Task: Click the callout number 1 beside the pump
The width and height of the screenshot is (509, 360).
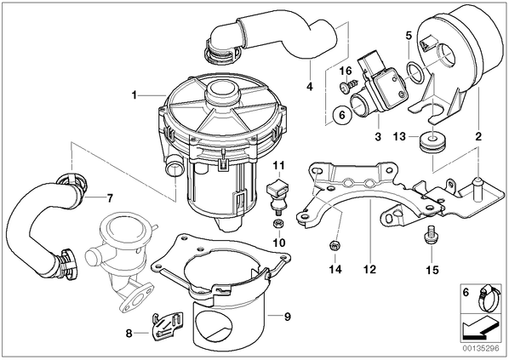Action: [x=134, y=95]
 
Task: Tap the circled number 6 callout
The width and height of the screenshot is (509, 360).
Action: [x=341, y=115]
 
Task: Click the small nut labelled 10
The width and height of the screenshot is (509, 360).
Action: [x=278, y=223]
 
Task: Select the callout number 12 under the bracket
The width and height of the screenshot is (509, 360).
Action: [x=369, y=269]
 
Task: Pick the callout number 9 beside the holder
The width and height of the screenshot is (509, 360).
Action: [x=288, y=317]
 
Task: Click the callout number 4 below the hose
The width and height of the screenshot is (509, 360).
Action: [x=310, y=86]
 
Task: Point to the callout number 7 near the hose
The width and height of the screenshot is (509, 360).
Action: [x=110, y=197]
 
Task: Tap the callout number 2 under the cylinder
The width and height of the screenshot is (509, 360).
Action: [x=478, y=136]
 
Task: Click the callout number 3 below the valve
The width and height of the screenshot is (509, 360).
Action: [x=378, y=136]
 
